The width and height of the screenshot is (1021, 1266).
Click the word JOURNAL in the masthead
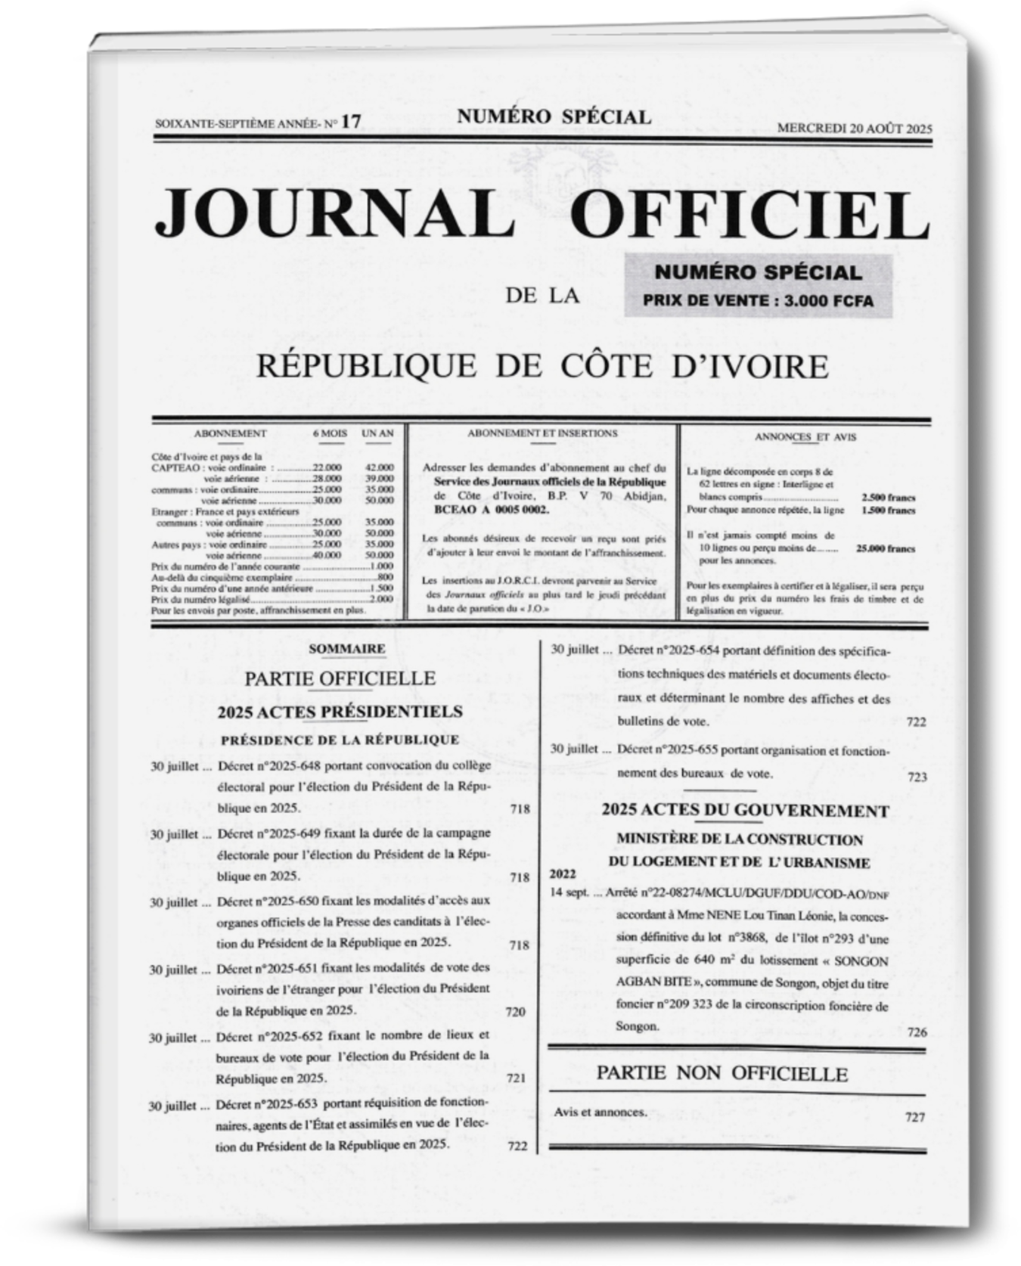click(330, 212)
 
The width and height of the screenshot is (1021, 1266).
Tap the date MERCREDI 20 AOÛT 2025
click(855, 128)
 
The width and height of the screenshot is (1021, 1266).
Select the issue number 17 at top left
click(351, 122)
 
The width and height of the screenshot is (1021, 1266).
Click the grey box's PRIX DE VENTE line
click(758, 301)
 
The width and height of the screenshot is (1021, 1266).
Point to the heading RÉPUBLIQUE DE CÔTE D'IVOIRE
click(542, 366)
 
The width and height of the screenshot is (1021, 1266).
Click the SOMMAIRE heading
click(347, 648)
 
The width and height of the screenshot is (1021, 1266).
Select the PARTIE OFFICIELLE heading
click(340, 678)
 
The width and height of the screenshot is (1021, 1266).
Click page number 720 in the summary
click(515, 1012)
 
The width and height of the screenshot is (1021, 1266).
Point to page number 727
click(915, 1117)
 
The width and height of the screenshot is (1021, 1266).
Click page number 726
click(917, 1032)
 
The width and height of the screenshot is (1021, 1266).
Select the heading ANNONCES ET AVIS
click(805, 436)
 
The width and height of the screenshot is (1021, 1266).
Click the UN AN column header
click(377, 433)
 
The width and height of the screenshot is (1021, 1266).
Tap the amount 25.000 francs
click(885, 549)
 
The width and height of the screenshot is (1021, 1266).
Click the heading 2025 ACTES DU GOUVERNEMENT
click(745, 811)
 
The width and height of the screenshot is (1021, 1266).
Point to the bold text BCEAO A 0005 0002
click(492, 510)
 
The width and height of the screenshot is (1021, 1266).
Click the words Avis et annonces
click(600, 1112)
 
